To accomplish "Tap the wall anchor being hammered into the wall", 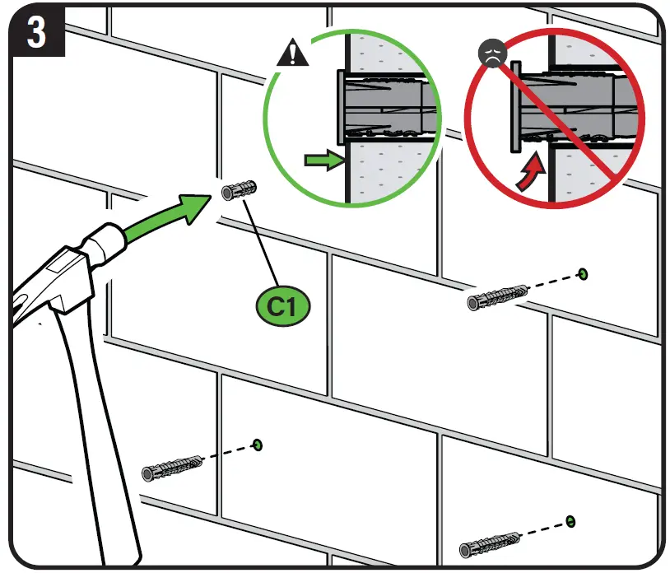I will pyautogui.click(x=239, y=190).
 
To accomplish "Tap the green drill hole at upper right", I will pyautogui.click(x=583, y=273).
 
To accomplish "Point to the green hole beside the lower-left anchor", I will pyautogui.click(x=258, y=445).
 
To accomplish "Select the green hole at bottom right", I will pyautogui.click(x=570, y=521).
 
